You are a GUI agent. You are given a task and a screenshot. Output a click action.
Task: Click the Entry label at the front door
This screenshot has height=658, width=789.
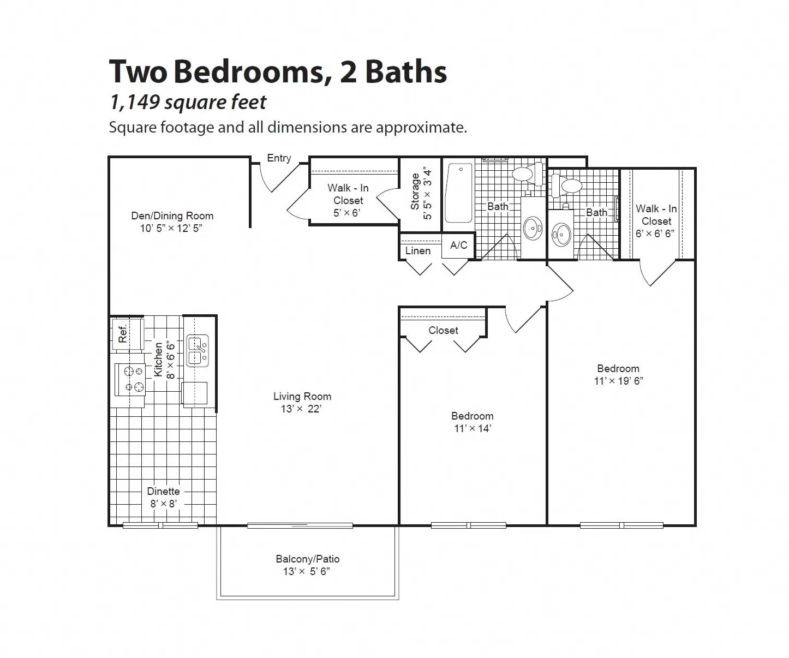click(279, 158)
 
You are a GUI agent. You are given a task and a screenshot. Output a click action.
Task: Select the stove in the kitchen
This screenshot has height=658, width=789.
click(130, 379)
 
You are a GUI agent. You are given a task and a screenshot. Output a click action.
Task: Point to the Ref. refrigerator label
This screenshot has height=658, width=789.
click(123, 333)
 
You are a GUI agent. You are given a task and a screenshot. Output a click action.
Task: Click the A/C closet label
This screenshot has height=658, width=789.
click(458, 245)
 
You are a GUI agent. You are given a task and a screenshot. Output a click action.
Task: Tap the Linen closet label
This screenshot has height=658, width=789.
click(418, 250)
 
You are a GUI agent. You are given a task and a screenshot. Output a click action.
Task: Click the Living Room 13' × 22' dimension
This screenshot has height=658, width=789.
click(301, 409)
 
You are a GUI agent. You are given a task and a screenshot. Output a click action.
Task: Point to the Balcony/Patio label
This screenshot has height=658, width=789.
click(307, 559)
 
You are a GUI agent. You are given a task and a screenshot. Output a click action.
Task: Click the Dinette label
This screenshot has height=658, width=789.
click(163, 491)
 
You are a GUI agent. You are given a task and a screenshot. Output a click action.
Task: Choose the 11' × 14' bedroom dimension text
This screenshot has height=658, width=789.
click(473, 428)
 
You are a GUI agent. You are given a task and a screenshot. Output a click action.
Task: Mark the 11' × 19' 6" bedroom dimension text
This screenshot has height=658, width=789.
click(618, 381)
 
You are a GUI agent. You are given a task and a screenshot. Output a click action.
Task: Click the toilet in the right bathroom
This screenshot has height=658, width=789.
click(565, 184)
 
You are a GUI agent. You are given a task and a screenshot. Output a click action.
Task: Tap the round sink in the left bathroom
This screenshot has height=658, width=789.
click(533, 228)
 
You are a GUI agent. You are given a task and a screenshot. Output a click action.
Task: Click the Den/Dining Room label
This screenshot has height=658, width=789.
click(172, 216)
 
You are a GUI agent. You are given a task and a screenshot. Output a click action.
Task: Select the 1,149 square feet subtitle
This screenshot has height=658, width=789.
click(188, 102)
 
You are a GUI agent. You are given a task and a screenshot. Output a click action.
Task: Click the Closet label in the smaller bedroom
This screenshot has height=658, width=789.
click(443, 330)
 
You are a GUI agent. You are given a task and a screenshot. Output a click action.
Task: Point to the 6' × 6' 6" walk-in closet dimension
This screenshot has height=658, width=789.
click(655, 234)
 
